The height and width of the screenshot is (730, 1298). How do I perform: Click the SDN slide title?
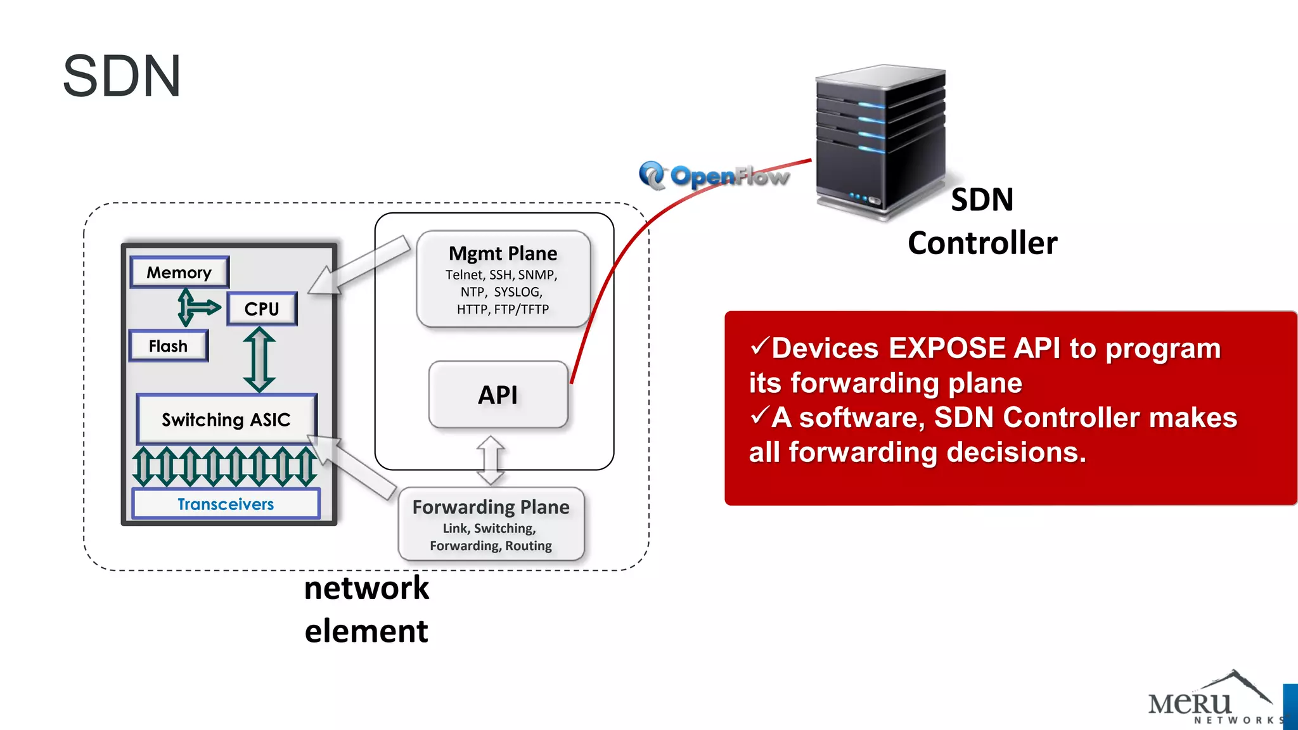click(x=122, y=77)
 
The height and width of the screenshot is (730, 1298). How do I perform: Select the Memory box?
click(x=179, y=272)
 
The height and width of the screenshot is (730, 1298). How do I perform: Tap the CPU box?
click(x=262, y=309)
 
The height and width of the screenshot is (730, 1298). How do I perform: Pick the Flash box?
click(x=168, y=346)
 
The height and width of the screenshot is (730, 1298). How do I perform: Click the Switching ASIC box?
click(x=226, y=419)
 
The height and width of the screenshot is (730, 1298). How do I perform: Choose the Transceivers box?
click(x=226, y=504)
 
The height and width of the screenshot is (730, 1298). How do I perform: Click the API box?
click(x=498, y=395)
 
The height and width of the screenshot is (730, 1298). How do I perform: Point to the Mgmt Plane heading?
click(x=503, y=253)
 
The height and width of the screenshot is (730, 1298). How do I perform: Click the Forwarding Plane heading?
click(x=491, y=507)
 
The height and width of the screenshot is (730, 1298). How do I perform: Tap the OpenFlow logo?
click(x=714, y=176)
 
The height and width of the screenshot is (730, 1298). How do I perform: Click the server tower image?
click(x=880, y=143)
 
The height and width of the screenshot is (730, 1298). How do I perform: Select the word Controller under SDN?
click(x=982, y=243)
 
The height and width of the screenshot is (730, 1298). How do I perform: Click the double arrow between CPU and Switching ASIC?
click(x=259, y=359)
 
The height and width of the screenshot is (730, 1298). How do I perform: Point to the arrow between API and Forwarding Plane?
click(x=491, y=460)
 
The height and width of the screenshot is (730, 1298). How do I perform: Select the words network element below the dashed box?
click(x=366, y=609)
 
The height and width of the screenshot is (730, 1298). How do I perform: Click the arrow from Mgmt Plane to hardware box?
click(x=359, y=266)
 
